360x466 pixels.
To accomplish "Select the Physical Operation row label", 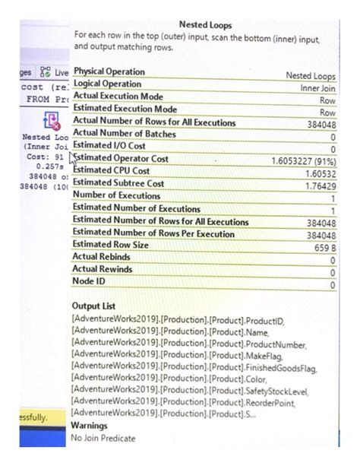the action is click(x=109, y=72).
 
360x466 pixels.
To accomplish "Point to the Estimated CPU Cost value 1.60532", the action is click(x=314, y=173).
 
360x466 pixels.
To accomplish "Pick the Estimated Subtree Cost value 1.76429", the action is click(x=314, y=185).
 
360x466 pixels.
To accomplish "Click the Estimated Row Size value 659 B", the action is click(x=320, y=247).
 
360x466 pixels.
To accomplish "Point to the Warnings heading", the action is click(x=90, y=426).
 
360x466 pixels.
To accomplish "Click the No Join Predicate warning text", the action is click(x=104, y=439).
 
